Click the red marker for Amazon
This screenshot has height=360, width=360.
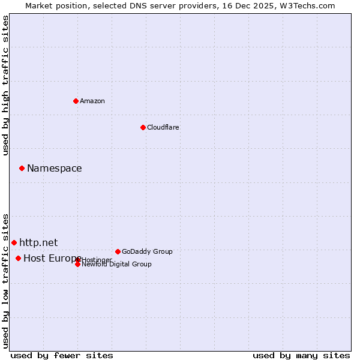point(76,101)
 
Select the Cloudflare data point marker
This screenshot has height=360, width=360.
point(143,127)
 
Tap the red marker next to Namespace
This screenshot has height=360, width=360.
point(22,168)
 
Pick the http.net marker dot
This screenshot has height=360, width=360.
point(14,242)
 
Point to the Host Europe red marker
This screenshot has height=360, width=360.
point(18,258)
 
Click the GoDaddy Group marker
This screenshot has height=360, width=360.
point(118,251)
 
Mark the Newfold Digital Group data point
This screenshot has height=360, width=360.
point(77,264)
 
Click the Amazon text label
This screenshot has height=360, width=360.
point(92,101)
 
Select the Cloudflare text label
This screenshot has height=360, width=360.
point(163,127)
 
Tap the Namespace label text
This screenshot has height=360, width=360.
point(54,168)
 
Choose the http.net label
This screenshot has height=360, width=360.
point(38,242)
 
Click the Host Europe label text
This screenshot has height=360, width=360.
point(52,258)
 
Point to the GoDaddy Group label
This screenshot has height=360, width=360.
point(147,251)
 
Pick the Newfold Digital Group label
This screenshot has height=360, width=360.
point(116,264)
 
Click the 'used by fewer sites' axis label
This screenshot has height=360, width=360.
point(62,355)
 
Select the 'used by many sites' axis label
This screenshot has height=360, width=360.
point(301,355)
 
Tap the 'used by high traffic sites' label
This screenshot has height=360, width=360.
point(6,85)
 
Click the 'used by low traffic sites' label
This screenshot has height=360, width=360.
point(6,280)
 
